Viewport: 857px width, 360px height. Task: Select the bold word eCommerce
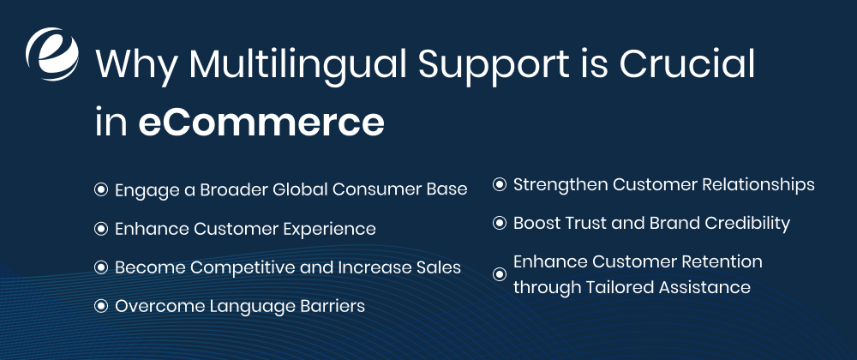[261, 123]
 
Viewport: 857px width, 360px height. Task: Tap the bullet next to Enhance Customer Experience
[100, 229]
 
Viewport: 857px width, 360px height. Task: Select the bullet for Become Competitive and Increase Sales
[100, 267]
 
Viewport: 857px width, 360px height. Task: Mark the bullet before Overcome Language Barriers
[100, 306]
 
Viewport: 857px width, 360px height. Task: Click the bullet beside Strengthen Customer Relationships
[499, 184]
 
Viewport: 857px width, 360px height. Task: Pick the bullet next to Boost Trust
[499, 223]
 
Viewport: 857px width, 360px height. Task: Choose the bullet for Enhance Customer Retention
[499, 274]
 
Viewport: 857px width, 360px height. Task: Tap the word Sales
[439, 267]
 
